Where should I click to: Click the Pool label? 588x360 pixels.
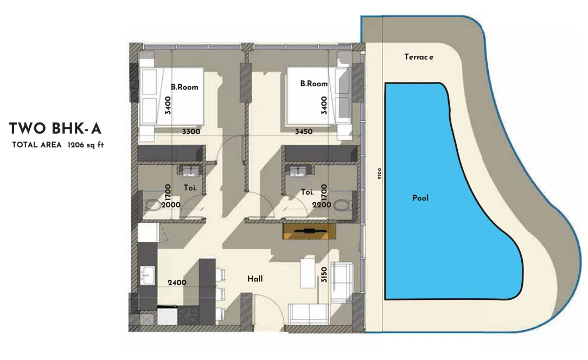[x=420, y=198]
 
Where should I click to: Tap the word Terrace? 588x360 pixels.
[x=419, y=57]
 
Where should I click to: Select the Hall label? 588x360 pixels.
[x=255, y=279]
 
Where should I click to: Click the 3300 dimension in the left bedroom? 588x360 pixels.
[x=191, y=132]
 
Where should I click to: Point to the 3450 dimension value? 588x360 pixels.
[x=304, y=132]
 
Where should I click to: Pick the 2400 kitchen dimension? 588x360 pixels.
[x=177, y=282]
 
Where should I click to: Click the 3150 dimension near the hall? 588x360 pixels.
[x=324, y=274]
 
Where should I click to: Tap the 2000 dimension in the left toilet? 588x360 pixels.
[x=171, y=205]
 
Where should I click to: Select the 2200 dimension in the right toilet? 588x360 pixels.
[x=322, y=205]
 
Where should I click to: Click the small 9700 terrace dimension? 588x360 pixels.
[x=380, y=173]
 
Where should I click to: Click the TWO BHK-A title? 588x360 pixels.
[x=55, y=128]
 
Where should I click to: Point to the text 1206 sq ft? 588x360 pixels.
[x=86, y=145]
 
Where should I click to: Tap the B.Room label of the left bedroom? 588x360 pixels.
[x=184, y=87]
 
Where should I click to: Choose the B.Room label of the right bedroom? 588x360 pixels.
[x=314, y=83]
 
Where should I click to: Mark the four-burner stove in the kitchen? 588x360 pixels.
[x=188, y=316]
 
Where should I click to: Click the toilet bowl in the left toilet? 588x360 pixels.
[x=152, y=205]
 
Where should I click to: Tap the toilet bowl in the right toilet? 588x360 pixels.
[x=342, y=205]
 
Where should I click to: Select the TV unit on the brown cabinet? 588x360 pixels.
[x=309, y=231]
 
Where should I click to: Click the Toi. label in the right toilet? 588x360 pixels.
[x=307, y=192]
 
